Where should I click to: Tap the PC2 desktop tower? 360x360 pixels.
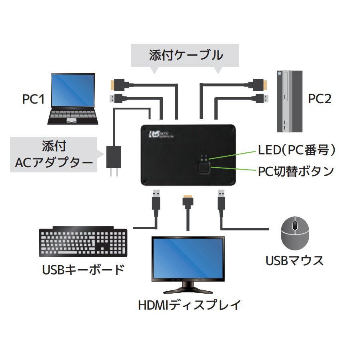tap(290, 102)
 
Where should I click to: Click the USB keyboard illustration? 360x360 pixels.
tap(83, 243)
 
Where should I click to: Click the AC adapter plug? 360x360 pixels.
tap(113, 159)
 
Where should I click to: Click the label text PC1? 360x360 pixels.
tap(33, 99)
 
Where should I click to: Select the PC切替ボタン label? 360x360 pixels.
tap(295, 171)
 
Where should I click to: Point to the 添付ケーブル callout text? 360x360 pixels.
tap(186, 55)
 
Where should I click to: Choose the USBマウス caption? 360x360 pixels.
tap(294, 261)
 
